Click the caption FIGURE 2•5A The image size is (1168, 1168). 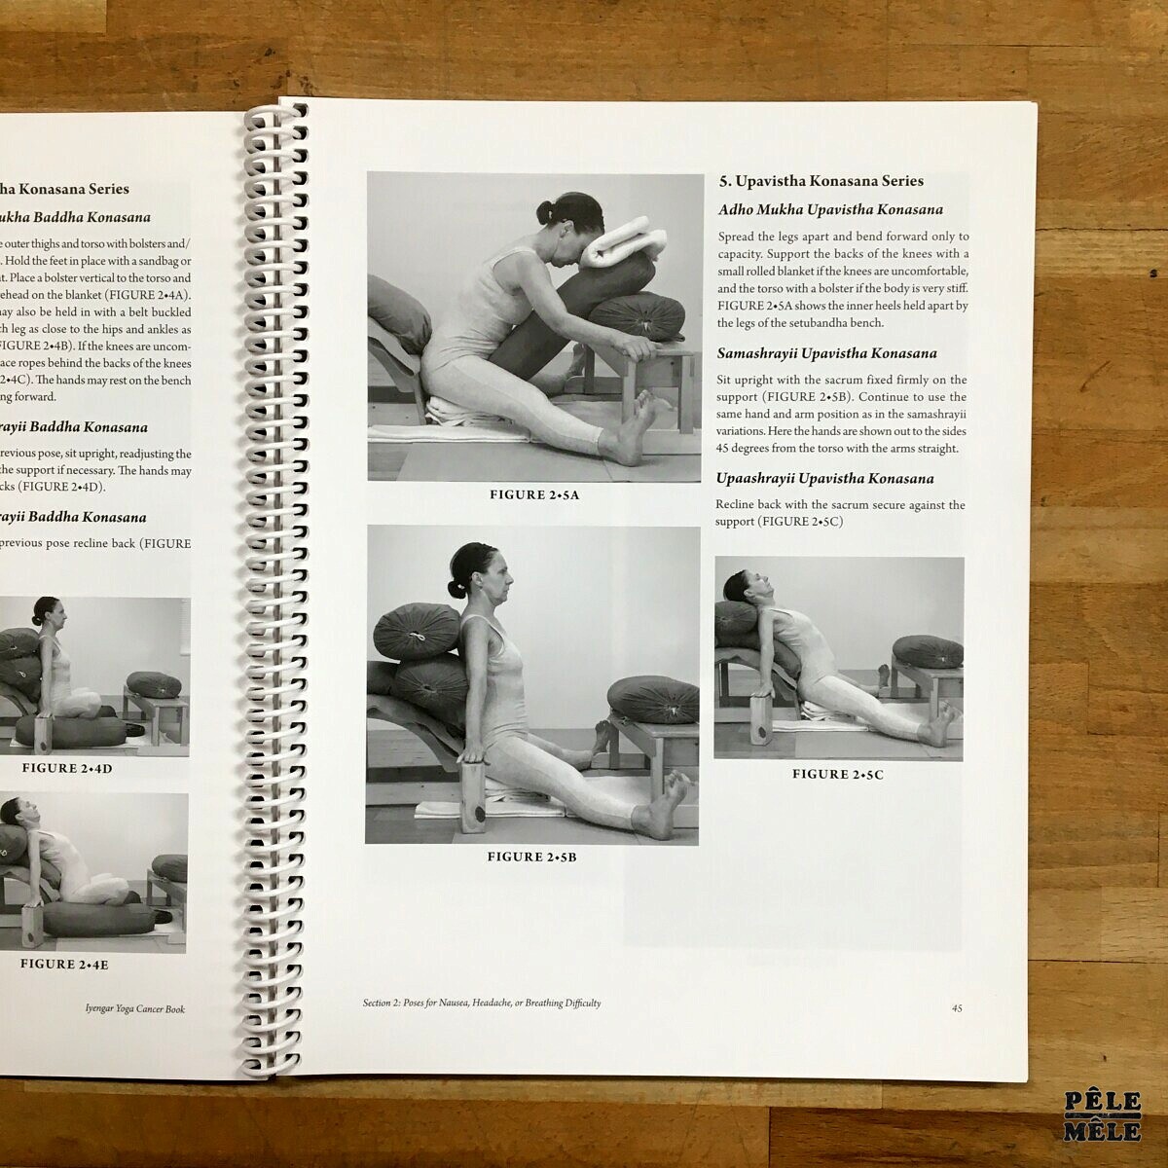pyautogui.click(x=533, y=495)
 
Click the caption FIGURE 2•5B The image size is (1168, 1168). pyautogui.click(x=532, y=858)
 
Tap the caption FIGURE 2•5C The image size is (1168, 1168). pyautogui.click(x=837, y=775)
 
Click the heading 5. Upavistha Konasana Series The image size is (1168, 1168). pyautogui.click(x=821, y=181)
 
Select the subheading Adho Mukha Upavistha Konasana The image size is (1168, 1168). pyautogui.click(x=830, y=210)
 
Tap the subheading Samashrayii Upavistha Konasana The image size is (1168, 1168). pyautogui.click(x=826, y=354)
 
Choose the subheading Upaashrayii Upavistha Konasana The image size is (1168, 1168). pyautogui.click(x=824, y=479)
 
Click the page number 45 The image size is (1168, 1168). pyautogui.click(x=957, y=1008)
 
